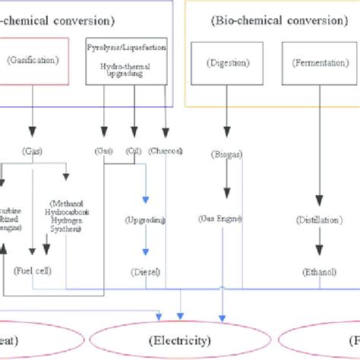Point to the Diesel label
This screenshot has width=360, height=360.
click(144, 271)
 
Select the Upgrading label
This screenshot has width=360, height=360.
click(144, 219)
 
